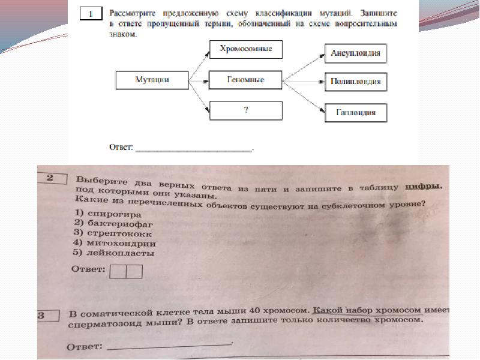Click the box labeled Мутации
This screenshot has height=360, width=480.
[x=152, y=80]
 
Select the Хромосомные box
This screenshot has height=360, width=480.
[x=245, y=49]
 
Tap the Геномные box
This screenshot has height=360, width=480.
[x=245, y=79]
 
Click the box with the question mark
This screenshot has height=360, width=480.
[x=245, y=110]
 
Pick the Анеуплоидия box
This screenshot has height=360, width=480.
[x=355, y=53]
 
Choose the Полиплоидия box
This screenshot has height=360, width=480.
[x=355, y=82]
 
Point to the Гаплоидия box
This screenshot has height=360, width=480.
[x=355, y=112]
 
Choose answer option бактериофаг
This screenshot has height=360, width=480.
[x=110, y=224]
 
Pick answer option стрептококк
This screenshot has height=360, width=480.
[x=113, y=234]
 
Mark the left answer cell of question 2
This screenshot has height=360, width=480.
[x=118, y=271]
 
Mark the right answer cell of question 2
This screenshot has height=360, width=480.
[x=134, y=271]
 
